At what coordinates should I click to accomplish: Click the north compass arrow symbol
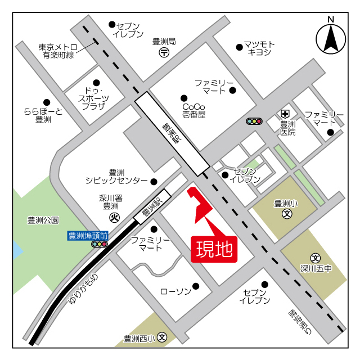click(x=331, y=39)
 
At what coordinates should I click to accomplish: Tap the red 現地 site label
click(x=214, y=249)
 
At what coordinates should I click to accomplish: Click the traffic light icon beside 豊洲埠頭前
click(x=100, y=244)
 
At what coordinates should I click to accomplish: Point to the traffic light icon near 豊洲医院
click(x=254, y=121)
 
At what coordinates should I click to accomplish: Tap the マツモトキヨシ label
click(x=259, y=48)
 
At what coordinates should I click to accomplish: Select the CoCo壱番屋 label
click(x=194, y=110)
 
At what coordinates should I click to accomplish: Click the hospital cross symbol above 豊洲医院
click(x=286, y=113)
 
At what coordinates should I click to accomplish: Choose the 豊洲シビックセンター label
click(x=117, y=177)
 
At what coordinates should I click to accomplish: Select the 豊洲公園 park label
click(x=43, y=220)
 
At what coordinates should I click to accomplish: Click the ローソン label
click(x=175, y=291)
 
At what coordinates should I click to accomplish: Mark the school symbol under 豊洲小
click(x=287, y=214)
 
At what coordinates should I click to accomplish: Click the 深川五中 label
click(x=316, y=268)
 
